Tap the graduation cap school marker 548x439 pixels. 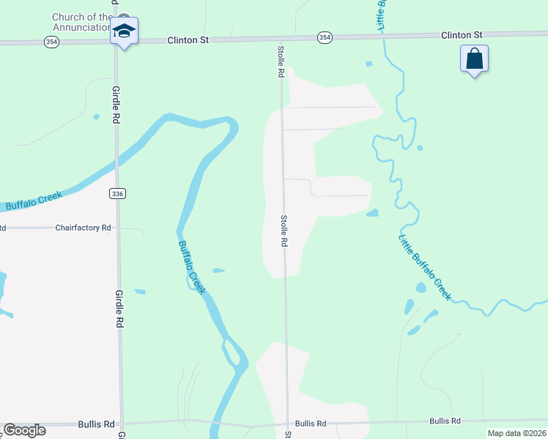125,32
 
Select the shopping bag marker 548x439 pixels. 474,59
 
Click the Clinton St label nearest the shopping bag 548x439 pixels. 462,34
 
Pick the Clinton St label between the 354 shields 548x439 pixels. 188,40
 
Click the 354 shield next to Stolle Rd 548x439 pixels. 325,37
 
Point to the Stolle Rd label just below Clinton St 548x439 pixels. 280,61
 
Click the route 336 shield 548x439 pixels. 118,193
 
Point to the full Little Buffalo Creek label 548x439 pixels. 425,267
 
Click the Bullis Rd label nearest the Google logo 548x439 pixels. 98,424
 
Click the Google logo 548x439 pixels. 24,430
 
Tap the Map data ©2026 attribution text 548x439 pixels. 516,432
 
